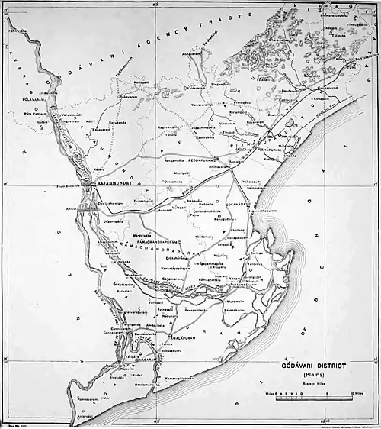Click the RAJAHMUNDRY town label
pyautogui.click(x=113, y=184)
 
